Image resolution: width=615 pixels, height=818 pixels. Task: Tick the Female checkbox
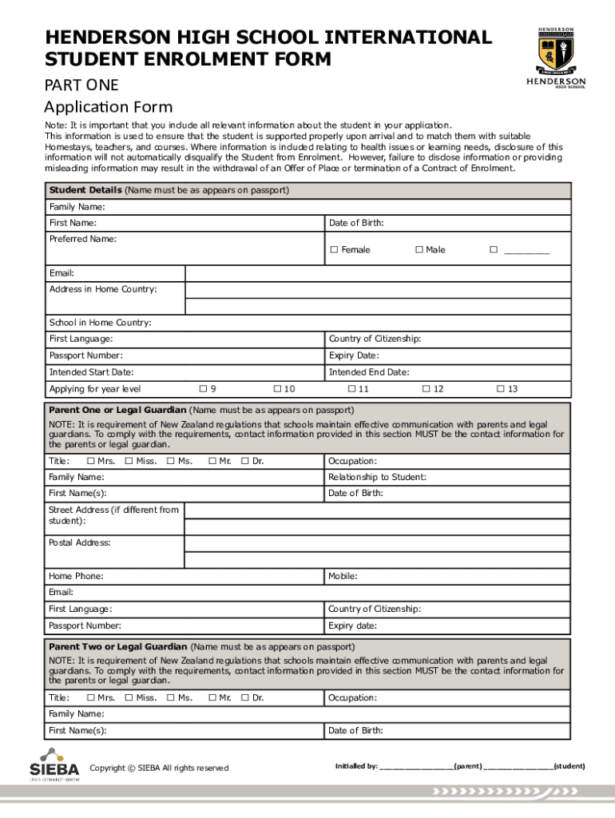tap(335, 250)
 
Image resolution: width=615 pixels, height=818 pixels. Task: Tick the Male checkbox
tap(419, 250)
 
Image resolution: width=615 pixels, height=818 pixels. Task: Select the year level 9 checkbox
tap(202, 389)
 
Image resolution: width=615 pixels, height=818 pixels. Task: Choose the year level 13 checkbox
tap(500, 389)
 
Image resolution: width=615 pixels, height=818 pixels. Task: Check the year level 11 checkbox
tap(351, 389)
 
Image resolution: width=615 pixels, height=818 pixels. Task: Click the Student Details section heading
tap(85, 191)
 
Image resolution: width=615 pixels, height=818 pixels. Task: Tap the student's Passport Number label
tap(85, 355)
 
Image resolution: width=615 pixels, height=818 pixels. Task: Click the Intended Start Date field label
tap(91, 372)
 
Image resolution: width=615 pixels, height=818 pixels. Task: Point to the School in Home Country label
tap(100, 323)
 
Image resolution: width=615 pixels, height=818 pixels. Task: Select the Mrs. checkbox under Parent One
tap(90, 461)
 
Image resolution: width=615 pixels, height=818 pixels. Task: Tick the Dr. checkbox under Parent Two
tap(245, 698)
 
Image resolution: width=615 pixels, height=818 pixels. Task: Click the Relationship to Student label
tap(377, 477)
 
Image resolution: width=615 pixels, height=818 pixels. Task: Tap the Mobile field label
tap(343, 576)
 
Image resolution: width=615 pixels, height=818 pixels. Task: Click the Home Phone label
tap(76, 576)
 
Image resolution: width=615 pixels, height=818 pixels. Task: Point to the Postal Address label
tap(80, 542)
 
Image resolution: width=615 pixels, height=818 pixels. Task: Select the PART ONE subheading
tap(81, 84)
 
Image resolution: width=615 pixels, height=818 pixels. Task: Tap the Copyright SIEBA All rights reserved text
tap(159, 768)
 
